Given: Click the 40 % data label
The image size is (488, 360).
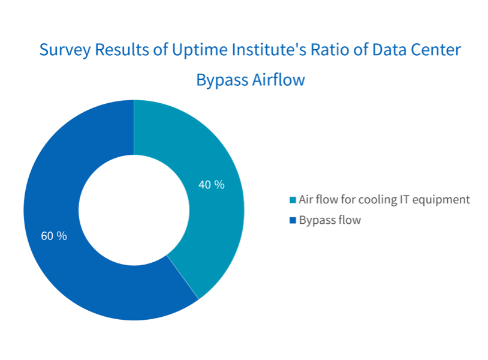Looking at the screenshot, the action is click(x=211, y=185).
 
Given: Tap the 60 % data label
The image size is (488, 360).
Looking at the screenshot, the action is click(x=54, y=236).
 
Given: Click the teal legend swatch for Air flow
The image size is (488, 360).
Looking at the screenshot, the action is click(x=293, y=200).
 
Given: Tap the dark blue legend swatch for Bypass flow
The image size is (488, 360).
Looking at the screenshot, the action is click(x=293, y=220).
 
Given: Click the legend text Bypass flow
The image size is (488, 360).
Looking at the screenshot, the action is click(x=330, y=220).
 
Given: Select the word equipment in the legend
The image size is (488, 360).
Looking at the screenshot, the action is click(x=441, y=200).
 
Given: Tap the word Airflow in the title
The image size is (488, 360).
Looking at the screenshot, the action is click(x=279, y=79).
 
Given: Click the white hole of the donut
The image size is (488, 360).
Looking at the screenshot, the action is click(x=134, y=210).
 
